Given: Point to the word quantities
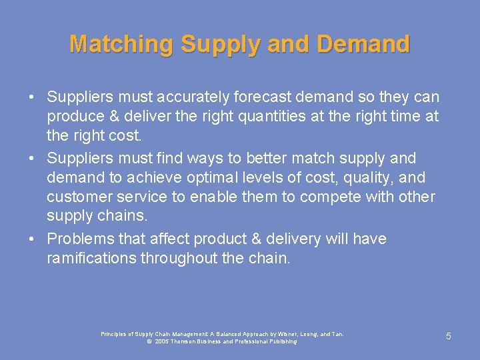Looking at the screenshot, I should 247,117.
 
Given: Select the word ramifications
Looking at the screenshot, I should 91,258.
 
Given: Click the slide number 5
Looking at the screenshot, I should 449,337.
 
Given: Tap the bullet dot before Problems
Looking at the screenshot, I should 32,239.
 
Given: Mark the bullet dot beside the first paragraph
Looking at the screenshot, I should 32,97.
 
